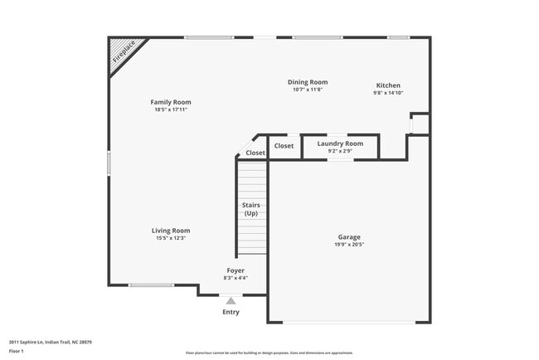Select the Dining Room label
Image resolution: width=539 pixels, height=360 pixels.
click(308, 82)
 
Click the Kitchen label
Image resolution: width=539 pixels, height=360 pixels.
click(388, 85)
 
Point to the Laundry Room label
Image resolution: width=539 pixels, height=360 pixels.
click(340, 144)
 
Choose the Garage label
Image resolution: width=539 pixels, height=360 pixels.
click(349, 236)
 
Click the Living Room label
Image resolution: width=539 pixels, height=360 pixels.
click(171, 231)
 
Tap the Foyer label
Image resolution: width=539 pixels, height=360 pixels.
click(236, 270)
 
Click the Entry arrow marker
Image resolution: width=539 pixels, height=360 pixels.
click(231, 301)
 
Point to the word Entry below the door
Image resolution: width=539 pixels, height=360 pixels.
click(231, 312)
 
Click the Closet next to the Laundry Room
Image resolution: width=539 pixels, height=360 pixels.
click(284, 146)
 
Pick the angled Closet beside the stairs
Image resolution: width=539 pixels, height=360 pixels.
click(255, 153)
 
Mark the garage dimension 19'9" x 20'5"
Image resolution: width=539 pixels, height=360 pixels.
click(349, 245)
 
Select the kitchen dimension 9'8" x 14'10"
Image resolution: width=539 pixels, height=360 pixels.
click(388, 94)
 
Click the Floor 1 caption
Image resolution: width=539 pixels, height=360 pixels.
click(17, 351)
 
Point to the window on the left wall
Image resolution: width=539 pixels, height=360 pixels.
click(109, 162)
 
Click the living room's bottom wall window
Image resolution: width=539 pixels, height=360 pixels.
click(150, 285)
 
